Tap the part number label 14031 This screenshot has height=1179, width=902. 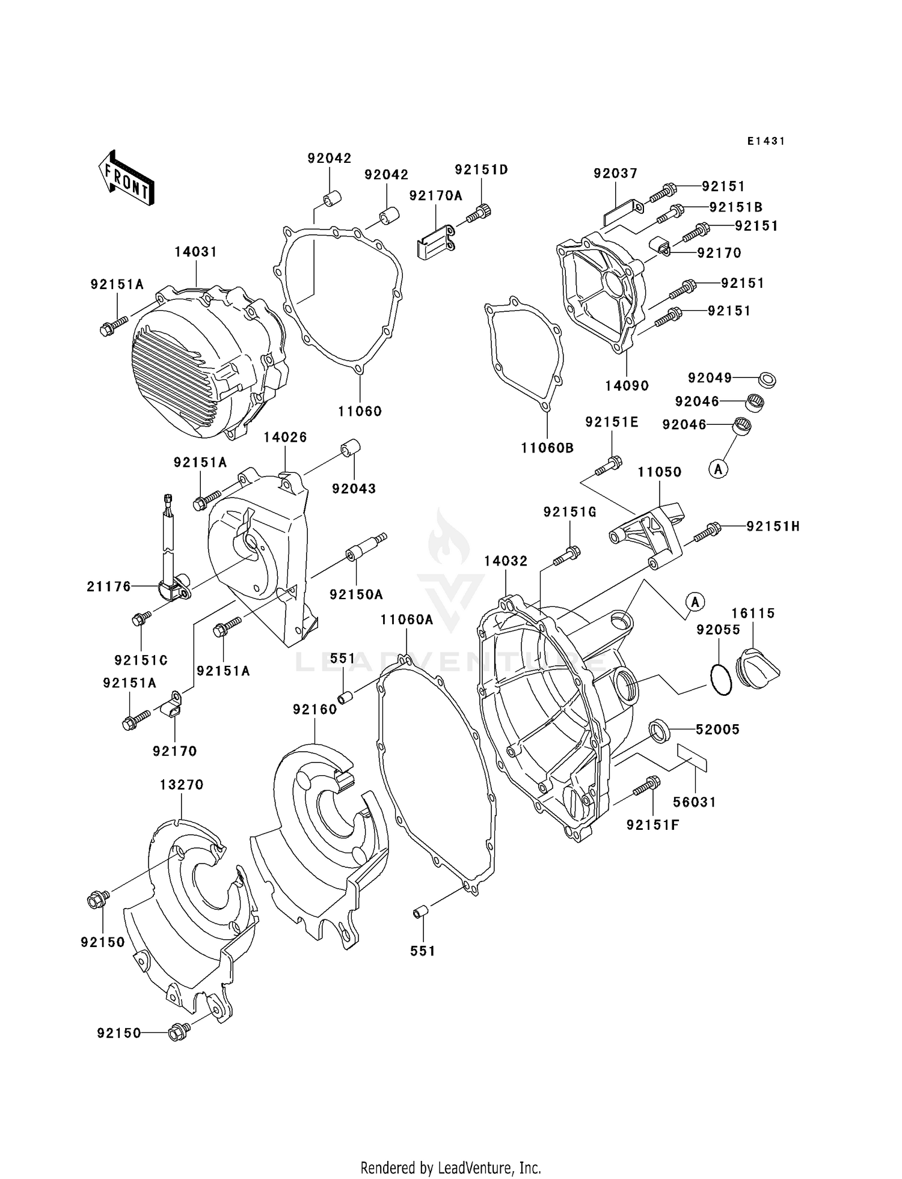pyautogui.click(x=195, y=252)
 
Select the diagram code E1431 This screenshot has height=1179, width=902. pyautogui.click(x=766, y=141)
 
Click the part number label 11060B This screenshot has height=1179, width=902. pyautogui.click(x=547, y=448)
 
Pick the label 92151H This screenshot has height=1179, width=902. pyautogui.click(x=773, y=526)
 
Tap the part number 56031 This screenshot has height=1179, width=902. pyautogui.click(x=695, y=802)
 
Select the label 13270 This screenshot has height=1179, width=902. pyautogui.click(x=182, y=785)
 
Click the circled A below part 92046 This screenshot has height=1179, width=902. pyautogui.click(x=718, y=469)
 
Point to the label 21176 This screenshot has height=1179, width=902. pyautogui.click(x=109, y=586)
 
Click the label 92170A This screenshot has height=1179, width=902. pyautogui.click(x=436, y=195)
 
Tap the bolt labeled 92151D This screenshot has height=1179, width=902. pyautogui.click(x=480, y=213)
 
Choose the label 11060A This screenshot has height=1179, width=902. pyautogui.click(x=407, y=620)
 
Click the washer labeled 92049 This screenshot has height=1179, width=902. pyautogui.click(x=766, y=379)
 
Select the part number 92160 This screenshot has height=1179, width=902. pyautogui.click(x=314, y=710)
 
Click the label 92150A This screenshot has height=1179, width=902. pyautogui.click(x=356, y=594)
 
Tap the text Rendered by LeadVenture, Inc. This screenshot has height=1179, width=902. pyautogui.click(x=450, y=1168)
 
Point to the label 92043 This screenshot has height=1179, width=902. pyautogui.click(x=354, y=489)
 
